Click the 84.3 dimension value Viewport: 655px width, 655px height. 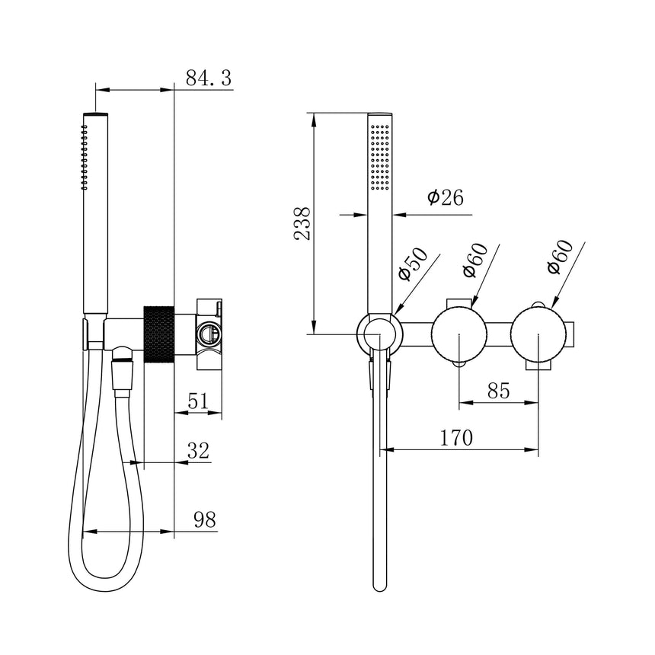[x=209, y=78]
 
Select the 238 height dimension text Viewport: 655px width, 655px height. [x=303, y=223]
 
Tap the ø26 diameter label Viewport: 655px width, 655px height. [x=445, y=198]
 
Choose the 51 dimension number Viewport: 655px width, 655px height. [x=197, y=402]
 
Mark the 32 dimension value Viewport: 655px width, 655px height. [x=198, y=450]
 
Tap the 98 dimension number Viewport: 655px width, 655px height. [x=204, y=519]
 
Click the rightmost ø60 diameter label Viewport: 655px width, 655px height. [x=560, y=258]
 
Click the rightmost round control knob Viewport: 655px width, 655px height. [x=538, y=335]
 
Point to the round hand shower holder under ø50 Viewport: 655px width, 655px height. [x=379, y=334]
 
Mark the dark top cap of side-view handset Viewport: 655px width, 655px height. [x=95, y=113]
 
